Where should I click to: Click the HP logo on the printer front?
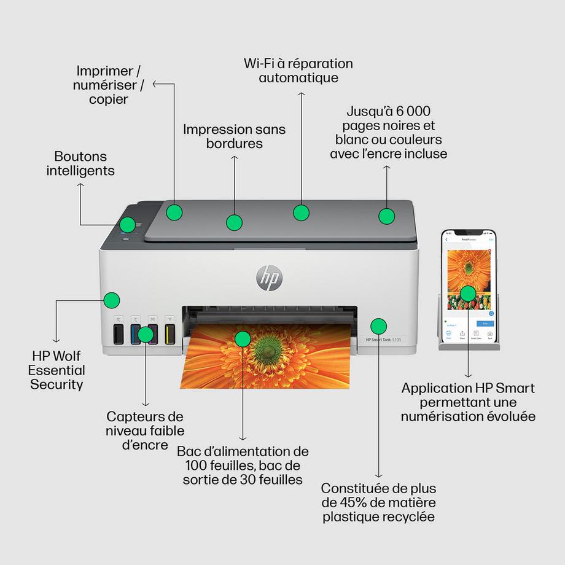tap(269, 278)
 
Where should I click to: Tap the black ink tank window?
tap(119, 334)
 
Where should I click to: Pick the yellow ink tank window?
tap(170, 334)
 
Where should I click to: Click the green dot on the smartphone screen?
tap(467, 293)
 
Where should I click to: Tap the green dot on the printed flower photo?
tap(243, 338)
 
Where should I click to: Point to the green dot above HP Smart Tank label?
tap(379, 325)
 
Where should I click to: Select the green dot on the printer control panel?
tap(127, 225)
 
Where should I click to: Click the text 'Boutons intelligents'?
tap(80, 164)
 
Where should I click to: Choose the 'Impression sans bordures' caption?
tap(226, 136)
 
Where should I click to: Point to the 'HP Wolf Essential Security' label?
tap(57, 370)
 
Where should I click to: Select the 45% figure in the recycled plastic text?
tap(350, 503)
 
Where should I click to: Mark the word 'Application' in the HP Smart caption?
tap(434, 388)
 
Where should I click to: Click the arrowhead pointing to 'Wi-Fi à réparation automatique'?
tap(301, 95)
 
